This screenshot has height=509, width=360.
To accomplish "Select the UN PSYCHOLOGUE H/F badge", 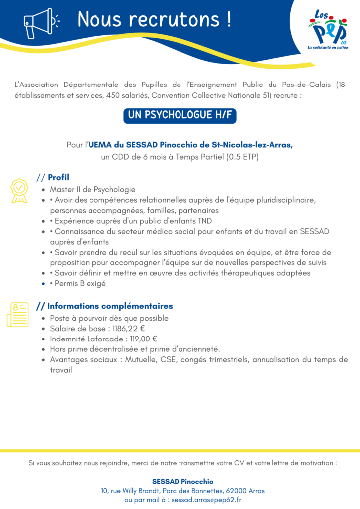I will pyautogui.click(x=180, y=115).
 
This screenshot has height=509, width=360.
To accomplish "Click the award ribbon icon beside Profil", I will pyautogui.click(x=19, y=191).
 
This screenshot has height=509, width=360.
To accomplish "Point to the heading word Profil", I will pyautogui.click(x=58, y=177).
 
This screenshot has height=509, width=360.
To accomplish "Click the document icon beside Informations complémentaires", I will pyautogui.click(x=17, y=314).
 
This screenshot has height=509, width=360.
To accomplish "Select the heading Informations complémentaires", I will pyautogui.click(x=110, y=306).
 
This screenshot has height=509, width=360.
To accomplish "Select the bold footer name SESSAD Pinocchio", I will pyautogui.click(x=182, y=481).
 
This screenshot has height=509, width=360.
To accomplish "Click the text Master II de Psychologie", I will pyautogui.click(x=92, y=189).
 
